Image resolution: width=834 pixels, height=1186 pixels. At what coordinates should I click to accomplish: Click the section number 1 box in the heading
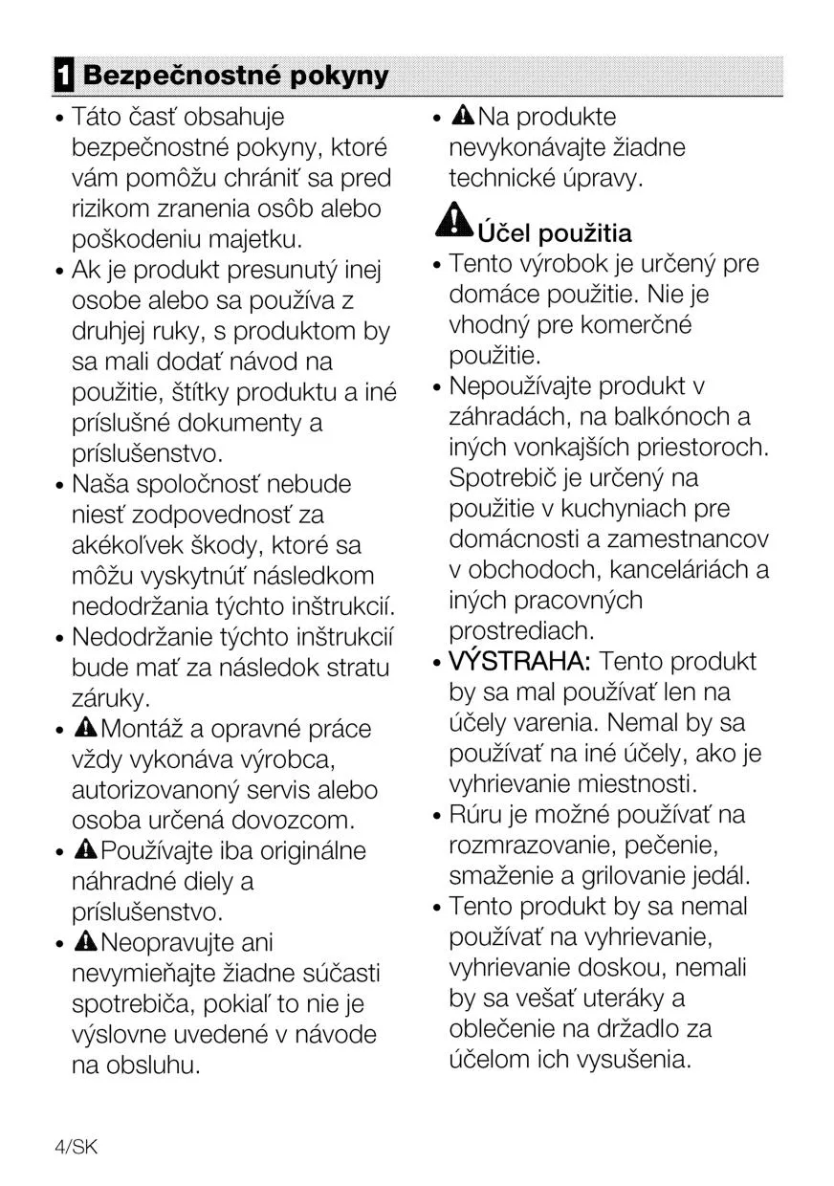coord(62,77)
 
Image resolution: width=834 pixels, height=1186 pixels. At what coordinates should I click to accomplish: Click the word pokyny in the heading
coord(340,77)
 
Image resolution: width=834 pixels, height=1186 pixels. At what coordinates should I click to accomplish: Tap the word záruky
coord(110,698)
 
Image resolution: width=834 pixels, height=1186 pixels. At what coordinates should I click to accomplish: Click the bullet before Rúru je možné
coord(437,816)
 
